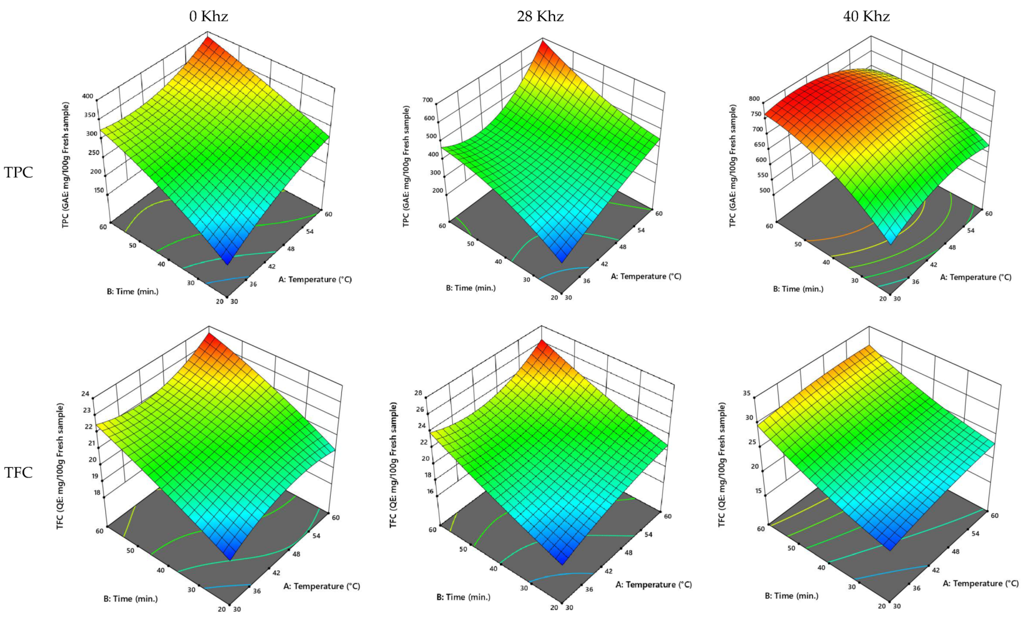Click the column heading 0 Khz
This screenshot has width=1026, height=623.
(x=208, y=17)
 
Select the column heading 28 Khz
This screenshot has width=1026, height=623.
(x=540, y=17)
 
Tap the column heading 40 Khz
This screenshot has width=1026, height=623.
(x=866, y=17)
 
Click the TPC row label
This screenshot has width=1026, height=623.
(x=19, y=172)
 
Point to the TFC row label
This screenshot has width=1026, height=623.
(x=19, y=472)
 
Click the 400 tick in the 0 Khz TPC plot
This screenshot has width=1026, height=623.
(x=87, y=97)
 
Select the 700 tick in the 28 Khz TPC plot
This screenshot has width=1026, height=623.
(x=428, y=100)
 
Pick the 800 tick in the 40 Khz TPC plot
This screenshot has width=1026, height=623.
(x=754, y=99)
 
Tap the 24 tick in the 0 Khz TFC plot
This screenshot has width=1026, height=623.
(x=85, y=393)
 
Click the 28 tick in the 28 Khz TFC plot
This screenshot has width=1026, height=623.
(x=419, y=393)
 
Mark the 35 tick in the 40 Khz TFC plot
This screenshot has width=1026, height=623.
(x=746, y=393)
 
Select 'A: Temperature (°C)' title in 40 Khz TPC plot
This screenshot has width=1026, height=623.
(x=975, y=277)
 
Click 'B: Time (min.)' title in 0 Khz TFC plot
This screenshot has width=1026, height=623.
(x=130, y=598)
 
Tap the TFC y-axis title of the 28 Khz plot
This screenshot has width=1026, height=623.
(x=394, y=465)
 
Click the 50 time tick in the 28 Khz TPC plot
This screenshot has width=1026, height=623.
(x=470, y=244)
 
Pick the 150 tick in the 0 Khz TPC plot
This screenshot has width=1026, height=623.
(x=99, y=190)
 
